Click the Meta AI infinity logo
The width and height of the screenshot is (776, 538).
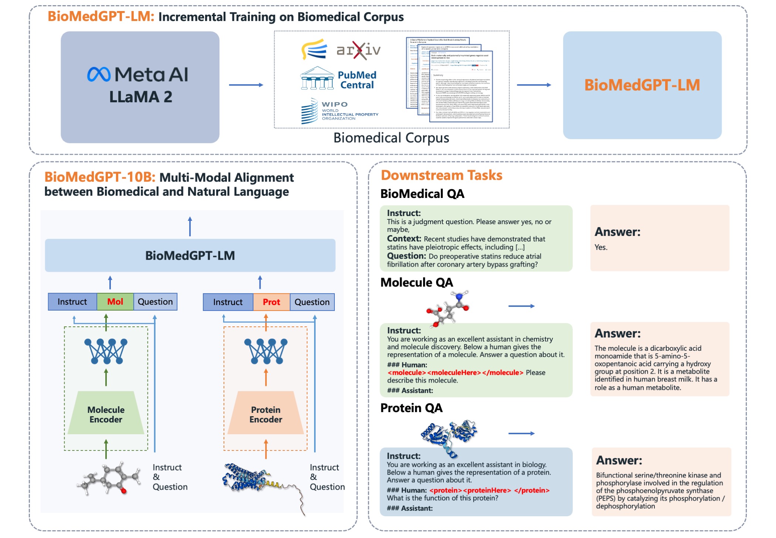pyautogui.click(x=99, y=75)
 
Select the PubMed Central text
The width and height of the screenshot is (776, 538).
pyautogui.click(x=357, y=80)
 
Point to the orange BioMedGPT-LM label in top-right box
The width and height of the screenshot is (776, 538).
pyautogui.click(x=642, y=85)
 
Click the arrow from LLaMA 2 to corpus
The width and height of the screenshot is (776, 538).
pyautogui.click(x=246, y=85)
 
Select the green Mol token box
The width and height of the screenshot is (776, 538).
pyautogui.click(x=115, y=302)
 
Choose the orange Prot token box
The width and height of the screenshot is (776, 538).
pyautogui.click(x=271, y=302)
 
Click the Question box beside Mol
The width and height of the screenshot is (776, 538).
pyautogui.click(x=155, y=302)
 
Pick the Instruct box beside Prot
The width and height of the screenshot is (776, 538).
pyautogui.click(x=228, y=302)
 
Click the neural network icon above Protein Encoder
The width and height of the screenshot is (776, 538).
pyautogui.click(x=266, y=351)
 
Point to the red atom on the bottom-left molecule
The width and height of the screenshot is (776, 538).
pyautogui.click(x=123, y=491)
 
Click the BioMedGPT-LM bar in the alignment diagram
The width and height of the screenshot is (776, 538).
pyautogui.click(x=190, y=256)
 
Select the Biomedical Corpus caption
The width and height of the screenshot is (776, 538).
pyautogui.click(x=391, y=138)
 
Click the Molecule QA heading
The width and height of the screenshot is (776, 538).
pyautogui.click(x=416, y=282)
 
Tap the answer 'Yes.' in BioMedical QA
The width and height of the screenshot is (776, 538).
pyautogui.click(x=601, y=247)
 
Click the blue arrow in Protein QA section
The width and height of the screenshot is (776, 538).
pyautogui.click(x=521, y=434)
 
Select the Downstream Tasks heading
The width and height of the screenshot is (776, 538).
pyautogui.click(x=442, y=175)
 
